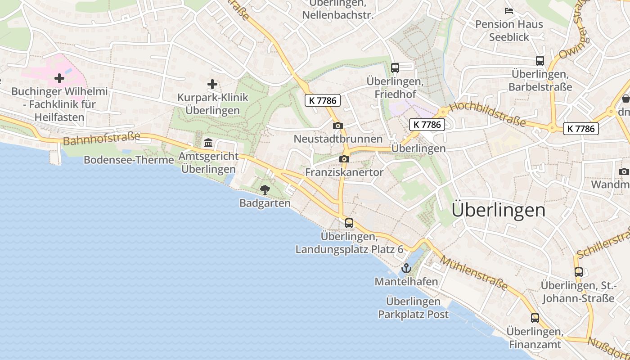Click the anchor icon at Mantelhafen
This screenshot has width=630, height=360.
406,269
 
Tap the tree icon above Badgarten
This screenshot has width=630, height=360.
265,189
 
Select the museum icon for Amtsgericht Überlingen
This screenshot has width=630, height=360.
208,143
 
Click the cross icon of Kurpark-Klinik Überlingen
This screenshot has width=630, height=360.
212,84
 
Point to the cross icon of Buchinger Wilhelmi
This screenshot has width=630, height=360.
59,79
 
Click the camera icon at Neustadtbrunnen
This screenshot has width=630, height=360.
338,126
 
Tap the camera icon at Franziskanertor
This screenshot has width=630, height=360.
344,159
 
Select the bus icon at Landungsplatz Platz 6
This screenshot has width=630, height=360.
349,223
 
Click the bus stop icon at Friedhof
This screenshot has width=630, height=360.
395,68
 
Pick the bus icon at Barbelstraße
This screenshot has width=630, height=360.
540,60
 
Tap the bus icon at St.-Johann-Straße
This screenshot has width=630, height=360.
578,272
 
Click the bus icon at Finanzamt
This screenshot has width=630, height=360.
535,318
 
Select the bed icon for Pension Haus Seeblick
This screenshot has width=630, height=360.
509,10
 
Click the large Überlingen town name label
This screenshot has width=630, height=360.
498,210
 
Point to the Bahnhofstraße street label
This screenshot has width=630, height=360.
102,139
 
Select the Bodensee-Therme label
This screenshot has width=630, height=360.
129,160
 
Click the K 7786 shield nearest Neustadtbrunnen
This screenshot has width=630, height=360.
323,100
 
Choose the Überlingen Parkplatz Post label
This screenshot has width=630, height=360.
413,308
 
